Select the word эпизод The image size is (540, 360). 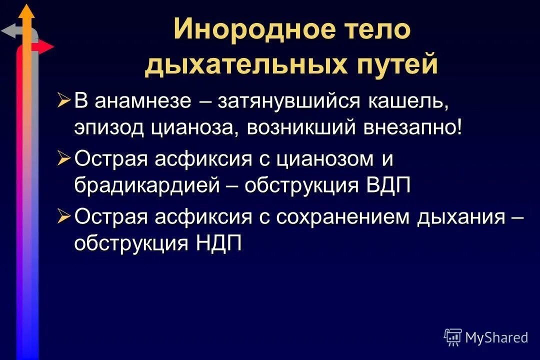pyautogui.click(x=109, y=127)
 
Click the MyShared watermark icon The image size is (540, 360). pyautogui.click(x=453, y=337)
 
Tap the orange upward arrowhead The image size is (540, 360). pyautogui.click(x=27, y=11)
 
